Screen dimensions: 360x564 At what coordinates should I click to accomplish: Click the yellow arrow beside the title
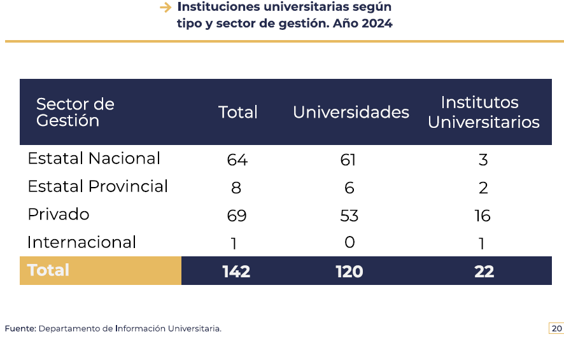pos(166,8)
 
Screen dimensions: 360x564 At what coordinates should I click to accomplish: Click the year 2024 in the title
pos(378,24)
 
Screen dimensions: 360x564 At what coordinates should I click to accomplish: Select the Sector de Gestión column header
pos(75,113)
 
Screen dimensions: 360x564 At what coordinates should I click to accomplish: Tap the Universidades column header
pos(351,113)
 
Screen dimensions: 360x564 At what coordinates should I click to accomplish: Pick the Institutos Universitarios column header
pos(483,113)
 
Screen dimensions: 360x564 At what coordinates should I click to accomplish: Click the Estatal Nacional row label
pos(94,158)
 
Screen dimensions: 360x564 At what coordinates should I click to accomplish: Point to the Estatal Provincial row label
pos(97,186)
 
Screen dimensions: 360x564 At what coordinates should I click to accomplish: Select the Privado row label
pos(59,214)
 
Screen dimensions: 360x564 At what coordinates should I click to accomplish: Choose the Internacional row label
pos(81,242)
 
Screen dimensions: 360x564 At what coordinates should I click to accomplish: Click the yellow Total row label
pos(48,270)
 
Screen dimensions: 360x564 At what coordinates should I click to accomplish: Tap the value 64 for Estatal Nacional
pos(237,160)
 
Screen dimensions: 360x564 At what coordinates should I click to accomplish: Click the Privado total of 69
pos(237,216)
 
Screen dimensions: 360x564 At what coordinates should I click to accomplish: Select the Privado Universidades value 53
pos(349,216)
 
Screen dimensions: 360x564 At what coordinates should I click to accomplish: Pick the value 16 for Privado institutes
pos(483,216)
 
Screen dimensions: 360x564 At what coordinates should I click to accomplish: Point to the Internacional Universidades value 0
pos(349,242)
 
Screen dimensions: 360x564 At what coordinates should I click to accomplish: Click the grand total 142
pos(236,272)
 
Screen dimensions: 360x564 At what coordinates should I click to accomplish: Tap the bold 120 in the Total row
pos(349,272)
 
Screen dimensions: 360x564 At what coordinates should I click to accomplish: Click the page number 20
pos(556,329)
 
